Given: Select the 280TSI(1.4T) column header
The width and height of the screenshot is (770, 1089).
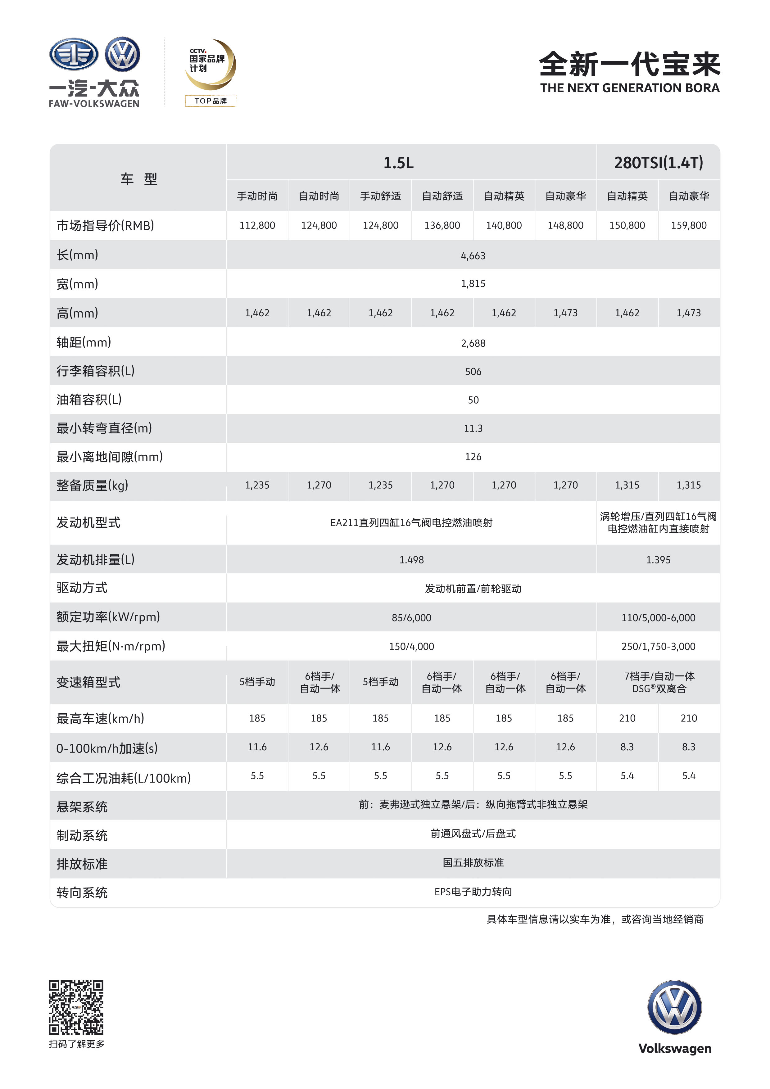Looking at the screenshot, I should (x=658, y=163).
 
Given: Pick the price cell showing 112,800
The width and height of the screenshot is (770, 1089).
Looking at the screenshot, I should (x=257, y=225).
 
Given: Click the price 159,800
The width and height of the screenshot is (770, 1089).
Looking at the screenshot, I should (x=688, y=225).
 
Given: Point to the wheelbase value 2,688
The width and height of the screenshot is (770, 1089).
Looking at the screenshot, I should (x=473, y=343).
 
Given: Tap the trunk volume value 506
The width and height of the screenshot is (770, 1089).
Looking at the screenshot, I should (x=473, y=371).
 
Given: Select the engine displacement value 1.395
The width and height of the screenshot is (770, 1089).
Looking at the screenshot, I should (x=658, y=560).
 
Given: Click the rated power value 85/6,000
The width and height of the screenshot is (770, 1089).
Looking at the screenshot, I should (x=411, y=617).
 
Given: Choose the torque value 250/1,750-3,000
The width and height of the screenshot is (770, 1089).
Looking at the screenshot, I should (x=658, y=646).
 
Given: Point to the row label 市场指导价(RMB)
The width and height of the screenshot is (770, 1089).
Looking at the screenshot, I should (x=105, y=225).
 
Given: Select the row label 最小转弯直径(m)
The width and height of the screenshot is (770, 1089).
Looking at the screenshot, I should (x=104, y=428).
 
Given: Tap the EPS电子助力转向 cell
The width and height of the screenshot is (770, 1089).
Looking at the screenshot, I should (x=473, y=892).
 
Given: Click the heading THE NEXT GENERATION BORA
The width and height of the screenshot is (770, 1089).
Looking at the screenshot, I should (x=630, y=88).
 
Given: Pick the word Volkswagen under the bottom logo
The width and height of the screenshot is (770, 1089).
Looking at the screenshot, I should (x=675, y=1048).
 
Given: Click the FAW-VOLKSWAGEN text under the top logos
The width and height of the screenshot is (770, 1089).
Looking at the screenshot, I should (x=94, y=103).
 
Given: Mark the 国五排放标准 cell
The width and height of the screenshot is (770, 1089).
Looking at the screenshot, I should (x=473, y=863).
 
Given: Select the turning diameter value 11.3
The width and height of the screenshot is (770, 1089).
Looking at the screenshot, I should (x=473, y=428).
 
